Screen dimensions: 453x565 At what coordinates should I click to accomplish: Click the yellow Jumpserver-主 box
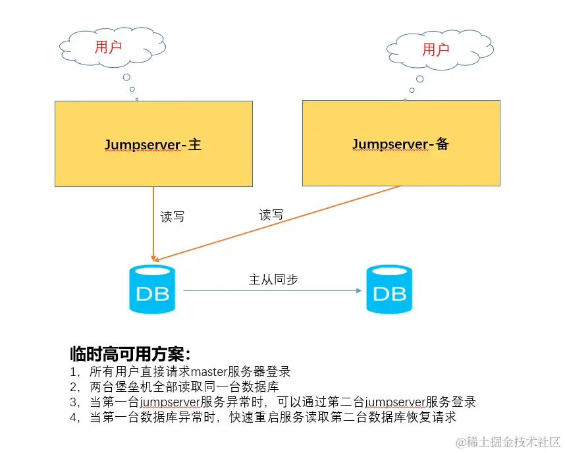click(x=153, y=144)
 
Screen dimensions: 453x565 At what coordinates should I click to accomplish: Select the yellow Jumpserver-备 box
click(x=400, y=143)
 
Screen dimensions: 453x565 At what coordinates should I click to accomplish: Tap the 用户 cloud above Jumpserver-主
click(x=109, y=47)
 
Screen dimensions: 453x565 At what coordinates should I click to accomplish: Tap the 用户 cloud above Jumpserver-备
click(x=435, y=49)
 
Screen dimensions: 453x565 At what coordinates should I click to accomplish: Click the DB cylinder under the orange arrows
click(x=152, y=289)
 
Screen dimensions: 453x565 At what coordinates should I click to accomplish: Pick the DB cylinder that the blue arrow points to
click(x=389, y=289)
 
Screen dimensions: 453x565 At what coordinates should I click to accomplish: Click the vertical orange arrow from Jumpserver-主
click(x=153, y=224)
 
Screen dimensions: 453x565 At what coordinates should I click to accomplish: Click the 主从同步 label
click(x=273, y=279)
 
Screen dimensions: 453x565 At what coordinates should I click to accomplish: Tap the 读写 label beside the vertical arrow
click(x=173, y=217)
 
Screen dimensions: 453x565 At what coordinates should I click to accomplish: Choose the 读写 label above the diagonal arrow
click(x=271, y=215)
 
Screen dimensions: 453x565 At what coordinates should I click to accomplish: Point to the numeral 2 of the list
click(x=73, y=387)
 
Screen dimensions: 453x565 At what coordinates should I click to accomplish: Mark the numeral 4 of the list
click(x=73, y=417)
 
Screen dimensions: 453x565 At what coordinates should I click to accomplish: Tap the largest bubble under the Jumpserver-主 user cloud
click(x=125, y=78)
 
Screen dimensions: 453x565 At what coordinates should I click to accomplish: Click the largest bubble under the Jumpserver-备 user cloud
click(x=419, y=79)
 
